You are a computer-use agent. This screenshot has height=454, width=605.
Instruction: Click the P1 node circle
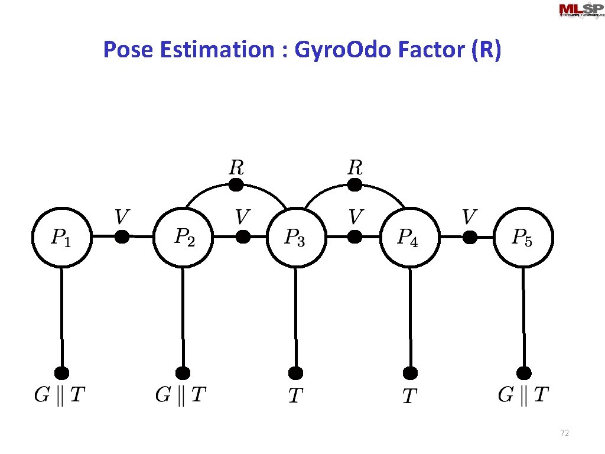61,237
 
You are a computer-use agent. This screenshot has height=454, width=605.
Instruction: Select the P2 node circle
183,237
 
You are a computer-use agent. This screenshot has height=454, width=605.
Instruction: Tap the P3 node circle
295,238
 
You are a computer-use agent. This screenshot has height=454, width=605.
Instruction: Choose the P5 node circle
523,237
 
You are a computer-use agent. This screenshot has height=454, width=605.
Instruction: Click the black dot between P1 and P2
122,237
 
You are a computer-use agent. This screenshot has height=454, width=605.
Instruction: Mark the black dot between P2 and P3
243,237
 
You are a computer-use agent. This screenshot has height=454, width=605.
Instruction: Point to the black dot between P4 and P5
470,237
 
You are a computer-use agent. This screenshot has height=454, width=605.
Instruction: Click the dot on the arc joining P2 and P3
236,185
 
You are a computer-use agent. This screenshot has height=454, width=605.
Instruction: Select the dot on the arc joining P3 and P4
354,185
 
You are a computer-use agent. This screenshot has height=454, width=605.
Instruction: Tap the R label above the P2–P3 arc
236,167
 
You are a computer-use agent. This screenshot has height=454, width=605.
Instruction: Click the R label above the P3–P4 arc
354,167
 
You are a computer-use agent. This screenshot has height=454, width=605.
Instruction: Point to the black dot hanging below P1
61,373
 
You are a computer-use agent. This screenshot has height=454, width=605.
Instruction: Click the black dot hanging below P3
296,373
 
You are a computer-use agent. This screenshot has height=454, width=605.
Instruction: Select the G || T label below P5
523,394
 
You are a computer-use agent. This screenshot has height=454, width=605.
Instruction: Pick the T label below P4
409,395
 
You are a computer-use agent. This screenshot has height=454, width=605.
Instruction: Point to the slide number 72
564,433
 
